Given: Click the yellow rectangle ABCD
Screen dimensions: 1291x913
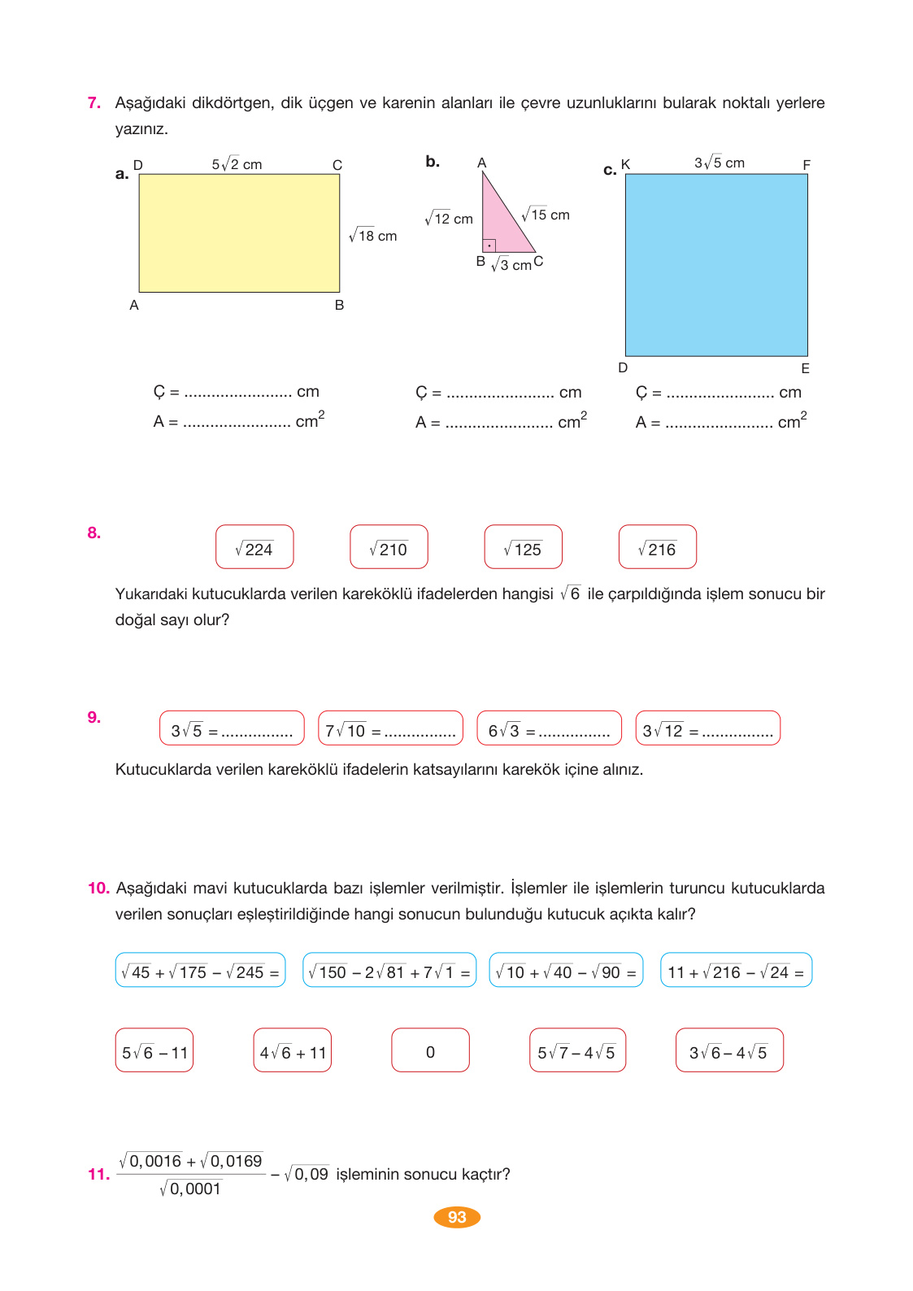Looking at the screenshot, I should click(239, 233).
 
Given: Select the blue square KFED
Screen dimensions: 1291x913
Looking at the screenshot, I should click(716, 265).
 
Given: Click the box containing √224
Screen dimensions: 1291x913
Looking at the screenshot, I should click(254, 547).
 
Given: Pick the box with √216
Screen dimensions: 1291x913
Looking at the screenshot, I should click(657, 547).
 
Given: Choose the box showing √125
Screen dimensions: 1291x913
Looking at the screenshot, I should click(523, 547).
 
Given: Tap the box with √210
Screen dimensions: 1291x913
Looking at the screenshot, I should click(389, 547).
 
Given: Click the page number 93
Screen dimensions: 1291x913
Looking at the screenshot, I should click(457, 1217).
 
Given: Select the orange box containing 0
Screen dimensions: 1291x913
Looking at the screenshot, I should click(430, 1050).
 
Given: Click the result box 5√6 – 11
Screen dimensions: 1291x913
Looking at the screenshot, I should click(154, 1050).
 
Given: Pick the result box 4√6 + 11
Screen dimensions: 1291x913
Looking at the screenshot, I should click(293, 1050).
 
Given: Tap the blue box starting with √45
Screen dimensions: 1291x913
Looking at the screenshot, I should click(200, 970).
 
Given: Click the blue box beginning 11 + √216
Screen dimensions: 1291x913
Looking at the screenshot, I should click(736, 970).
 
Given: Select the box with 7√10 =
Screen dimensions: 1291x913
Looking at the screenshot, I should click(390, 728).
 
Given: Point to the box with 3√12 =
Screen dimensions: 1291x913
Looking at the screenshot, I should click(707, 728).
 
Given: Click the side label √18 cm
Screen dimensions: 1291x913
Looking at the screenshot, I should click(373, 236).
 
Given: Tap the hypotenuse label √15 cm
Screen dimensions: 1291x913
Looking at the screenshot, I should click(546, 215).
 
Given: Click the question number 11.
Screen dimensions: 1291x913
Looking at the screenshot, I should click(98, 1174).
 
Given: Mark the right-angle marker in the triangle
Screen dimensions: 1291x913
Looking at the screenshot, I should click(489, 246).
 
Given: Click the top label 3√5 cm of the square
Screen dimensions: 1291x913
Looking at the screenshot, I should click(719, 163).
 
